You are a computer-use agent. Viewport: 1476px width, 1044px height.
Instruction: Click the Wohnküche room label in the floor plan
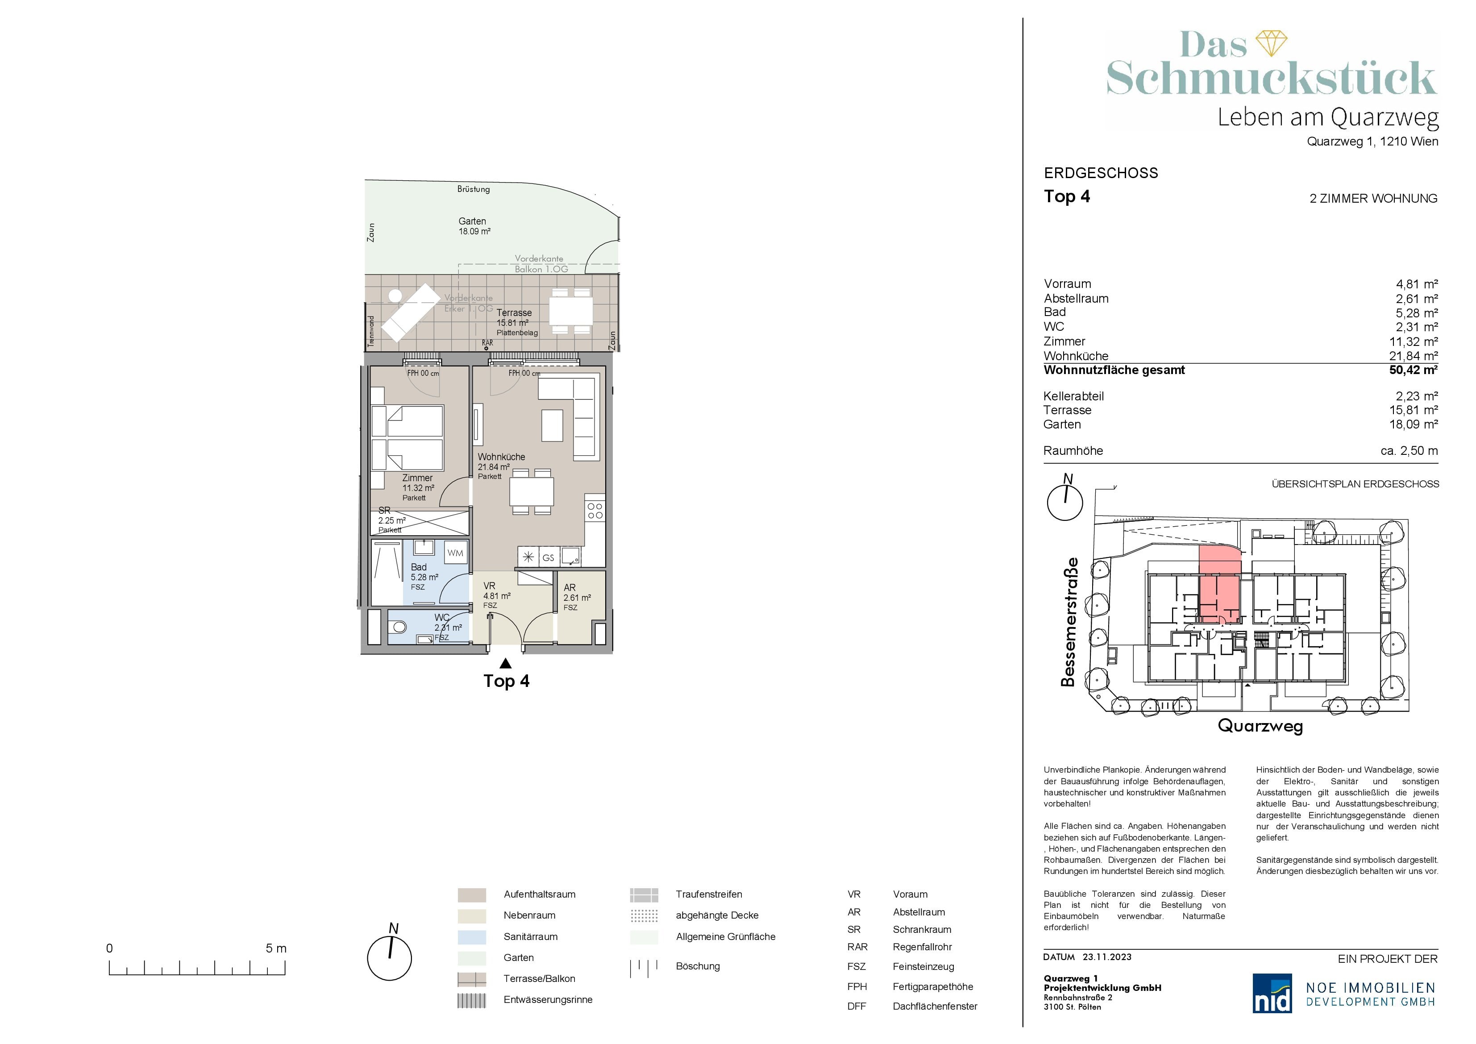(501, 457)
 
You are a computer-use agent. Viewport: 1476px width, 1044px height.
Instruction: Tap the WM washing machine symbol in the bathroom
(455, 553)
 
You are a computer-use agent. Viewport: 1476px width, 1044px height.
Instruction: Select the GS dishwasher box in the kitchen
(549, 558)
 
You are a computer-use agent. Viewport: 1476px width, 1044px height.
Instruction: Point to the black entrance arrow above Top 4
(506, 663)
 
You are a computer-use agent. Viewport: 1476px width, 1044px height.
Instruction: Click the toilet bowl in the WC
(399, 627)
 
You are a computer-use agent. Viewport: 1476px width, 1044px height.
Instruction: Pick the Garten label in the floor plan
(473, 221)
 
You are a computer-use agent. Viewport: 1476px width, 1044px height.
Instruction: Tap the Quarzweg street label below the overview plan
(1260, 727)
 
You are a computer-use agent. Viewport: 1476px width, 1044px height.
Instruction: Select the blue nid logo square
(1272, 993)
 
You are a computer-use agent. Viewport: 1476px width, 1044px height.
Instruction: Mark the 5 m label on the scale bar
(276, 948)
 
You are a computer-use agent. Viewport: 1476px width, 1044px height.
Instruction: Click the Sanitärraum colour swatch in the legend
(472, 936)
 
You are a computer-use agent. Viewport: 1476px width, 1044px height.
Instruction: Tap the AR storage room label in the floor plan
(570, 587)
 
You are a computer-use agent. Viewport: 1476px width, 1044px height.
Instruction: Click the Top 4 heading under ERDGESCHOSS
(1067, 197)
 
